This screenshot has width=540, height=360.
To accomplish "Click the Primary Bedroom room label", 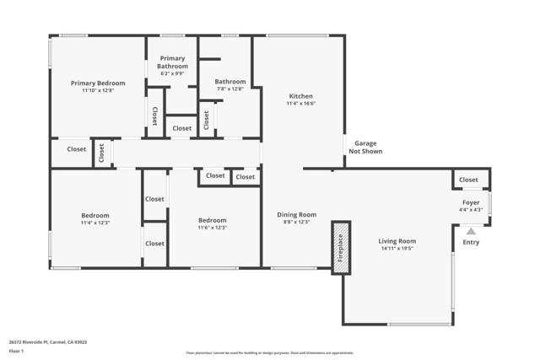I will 98,83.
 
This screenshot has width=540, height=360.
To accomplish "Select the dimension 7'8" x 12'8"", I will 229,89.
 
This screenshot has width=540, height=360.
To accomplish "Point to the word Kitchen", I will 301,95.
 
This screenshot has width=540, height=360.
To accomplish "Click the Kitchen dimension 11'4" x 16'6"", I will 301,104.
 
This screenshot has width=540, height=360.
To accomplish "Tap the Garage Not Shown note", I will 365,148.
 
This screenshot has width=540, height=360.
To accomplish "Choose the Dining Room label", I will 296,214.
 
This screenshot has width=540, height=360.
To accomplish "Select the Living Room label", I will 397,241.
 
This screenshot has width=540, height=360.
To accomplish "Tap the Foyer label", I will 469,202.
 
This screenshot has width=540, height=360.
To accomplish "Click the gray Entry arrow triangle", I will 471,229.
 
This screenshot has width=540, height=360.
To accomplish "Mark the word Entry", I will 471,243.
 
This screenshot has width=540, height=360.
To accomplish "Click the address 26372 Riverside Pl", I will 48,342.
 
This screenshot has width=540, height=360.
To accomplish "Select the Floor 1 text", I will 16,351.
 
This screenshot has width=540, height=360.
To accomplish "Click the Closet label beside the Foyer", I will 468,180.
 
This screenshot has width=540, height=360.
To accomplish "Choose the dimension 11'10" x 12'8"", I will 98,91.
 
